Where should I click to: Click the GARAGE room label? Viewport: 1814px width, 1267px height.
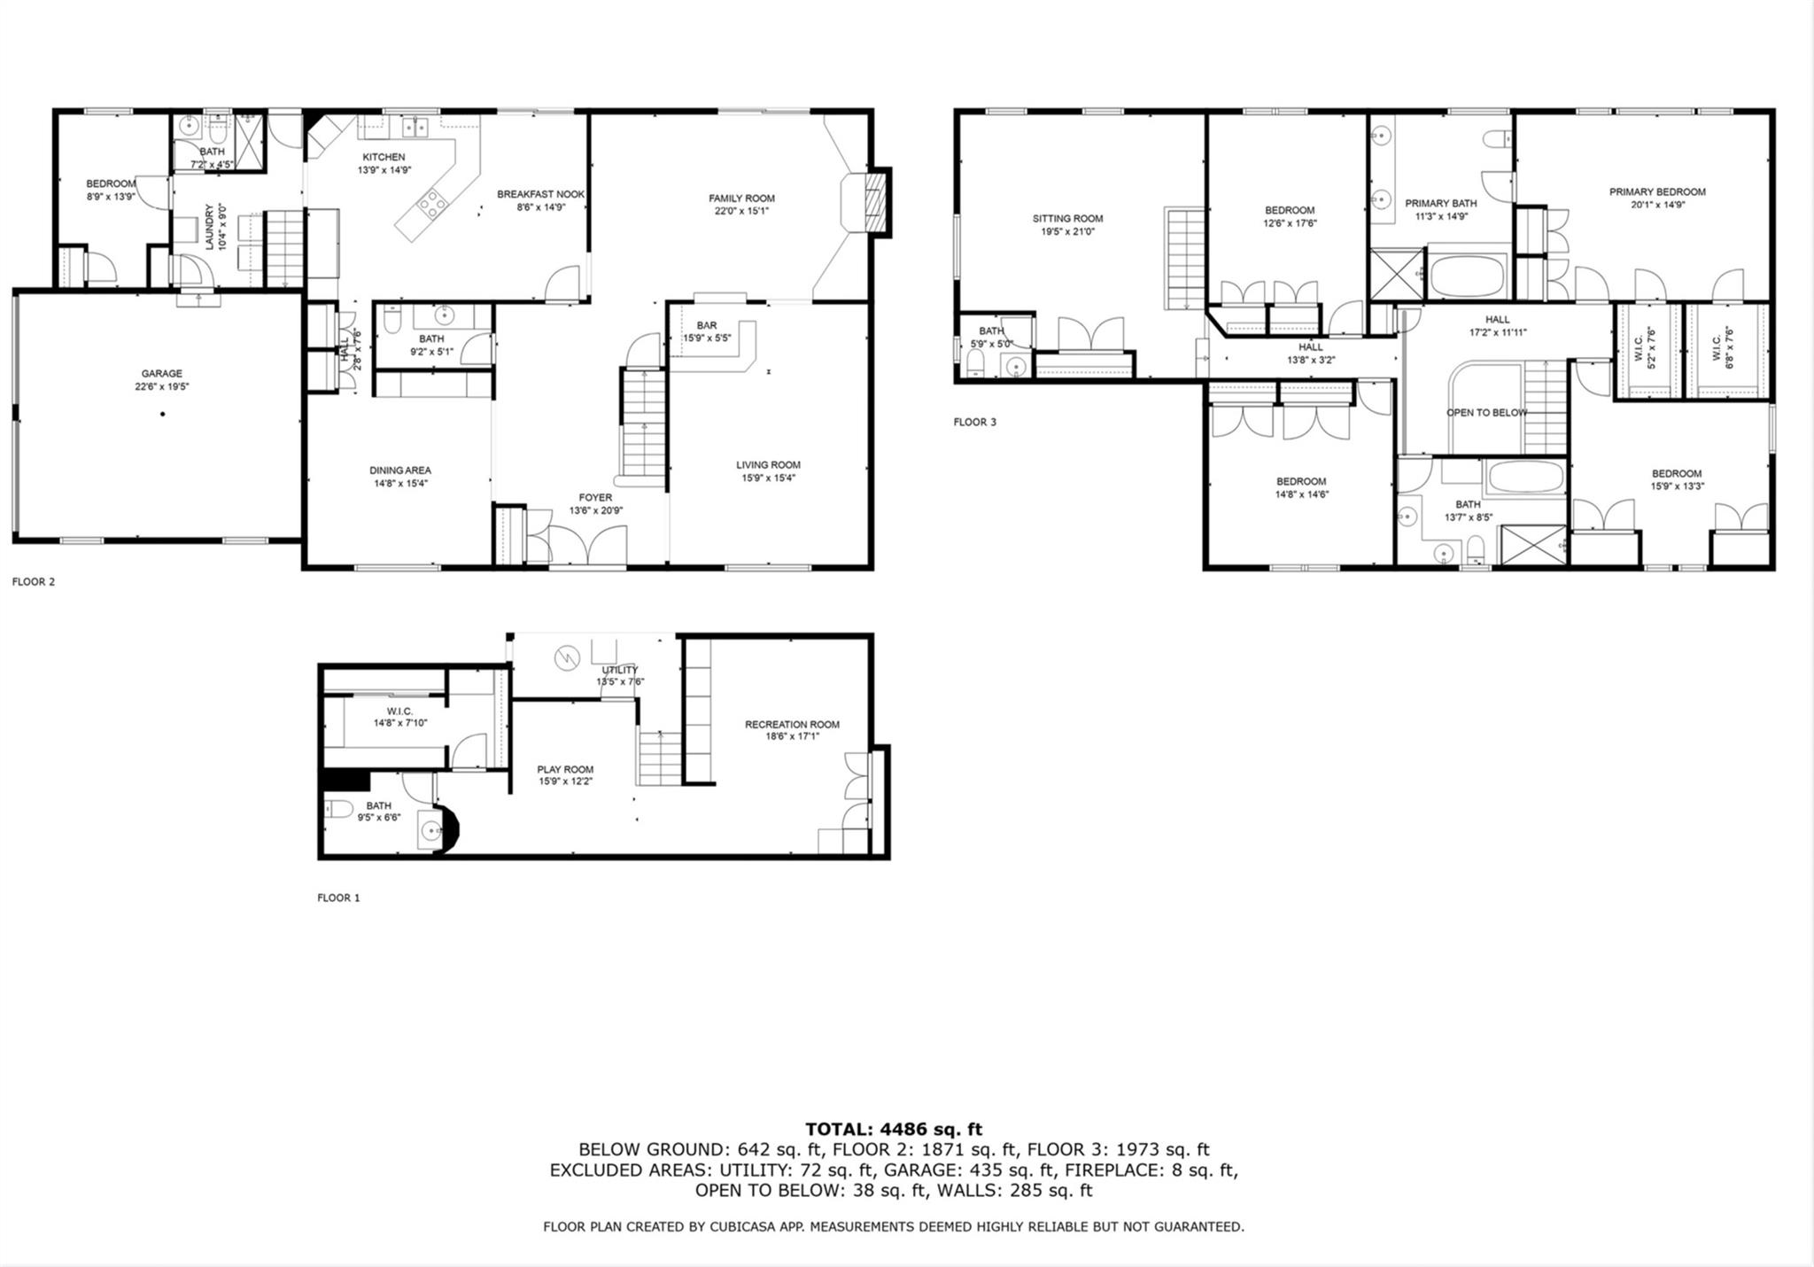click(x=161, y=374)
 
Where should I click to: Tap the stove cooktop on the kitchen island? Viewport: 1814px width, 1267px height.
click(x=432, y=205)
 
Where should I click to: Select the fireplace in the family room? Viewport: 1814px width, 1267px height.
click(x=873, y=203)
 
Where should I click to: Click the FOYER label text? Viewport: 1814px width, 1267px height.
click(x=595, y=498)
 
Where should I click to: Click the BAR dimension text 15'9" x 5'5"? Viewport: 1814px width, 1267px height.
click(x=706, y=338)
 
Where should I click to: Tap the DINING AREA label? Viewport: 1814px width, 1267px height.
click(x=400, y=470)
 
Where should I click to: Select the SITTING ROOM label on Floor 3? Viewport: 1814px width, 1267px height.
click(x=1067, y=219)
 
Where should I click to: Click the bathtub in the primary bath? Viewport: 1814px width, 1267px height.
click(x=1468, y=276)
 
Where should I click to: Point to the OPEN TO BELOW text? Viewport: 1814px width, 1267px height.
click(x=1486, y=413)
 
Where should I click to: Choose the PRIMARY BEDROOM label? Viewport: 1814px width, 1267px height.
click(x=1657, y=192)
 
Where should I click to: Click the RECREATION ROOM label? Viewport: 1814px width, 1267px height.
click(x=792, y=725)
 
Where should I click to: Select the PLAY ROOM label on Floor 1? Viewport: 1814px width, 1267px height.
click(x=565, y=770)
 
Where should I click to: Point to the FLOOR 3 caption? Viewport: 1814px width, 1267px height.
click(x=974, y=423)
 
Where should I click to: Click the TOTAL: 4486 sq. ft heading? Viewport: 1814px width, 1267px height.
click(x=893, y=1129)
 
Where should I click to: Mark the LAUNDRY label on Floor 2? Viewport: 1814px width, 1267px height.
click(x=210, y=228)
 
